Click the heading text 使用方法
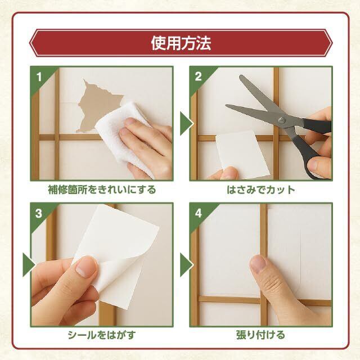pyautogui.click(x=181, y=43)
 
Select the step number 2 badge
pyautogui.click(x=198, y=76)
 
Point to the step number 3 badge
pyautogui.click(x=39, y=213)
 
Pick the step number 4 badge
pyautogui.click(x=199, y=213)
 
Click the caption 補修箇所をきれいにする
pyautogui.click(x=102, y=190)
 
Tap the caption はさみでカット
pyautogui.click(x=261, y=190)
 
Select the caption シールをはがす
pyautogui.click(x=102, y=335)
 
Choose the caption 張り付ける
pyautogui.click(x=260, y=335)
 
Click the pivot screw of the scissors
pyautogui.click(x=282, y=120)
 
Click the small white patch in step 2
pyautogui.click(x=242, y=154)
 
